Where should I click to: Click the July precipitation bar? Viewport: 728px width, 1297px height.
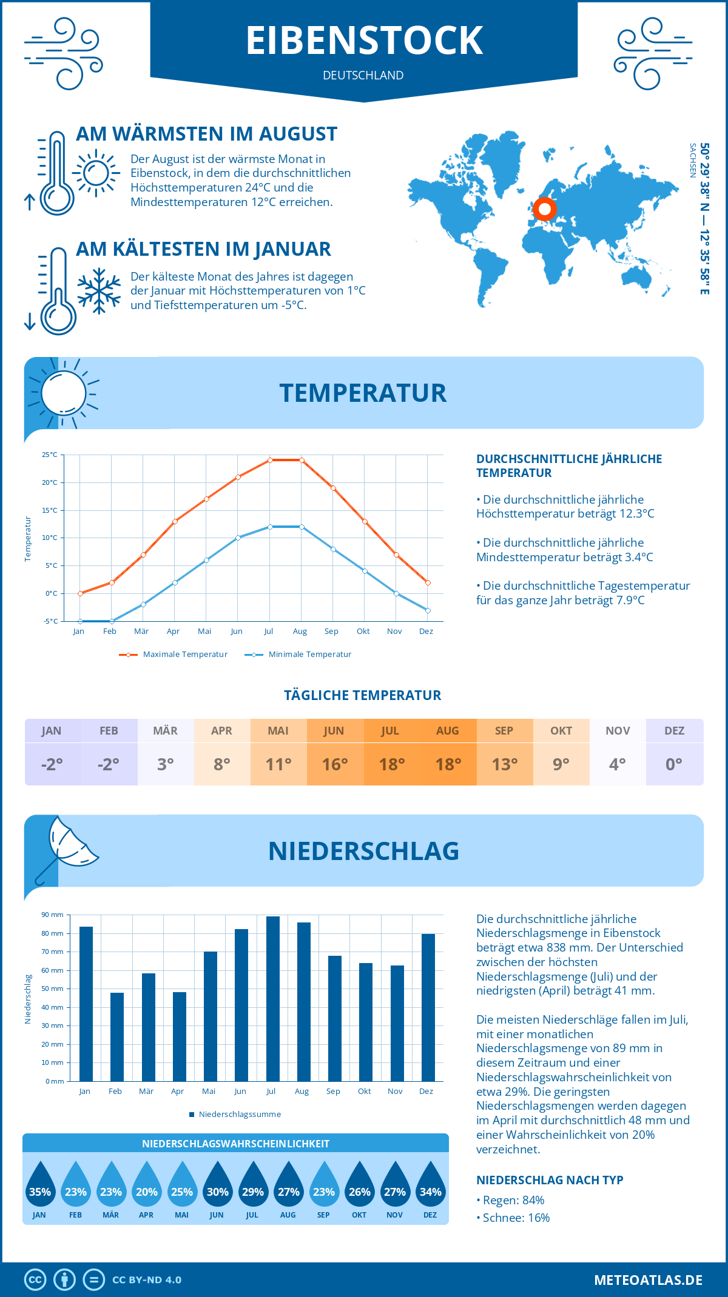click(x=273, y=999)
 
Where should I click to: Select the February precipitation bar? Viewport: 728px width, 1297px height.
click(x=117, y=1037)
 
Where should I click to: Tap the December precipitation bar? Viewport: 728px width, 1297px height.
click(x=428, y=1007)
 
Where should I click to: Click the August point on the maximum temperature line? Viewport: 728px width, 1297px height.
click(x=302, y=461)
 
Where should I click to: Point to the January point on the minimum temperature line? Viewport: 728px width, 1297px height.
click(x=80, y=621)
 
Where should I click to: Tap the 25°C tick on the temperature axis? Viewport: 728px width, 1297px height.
click(x=50, y=455)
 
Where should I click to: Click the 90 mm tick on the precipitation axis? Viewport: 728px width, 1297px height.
click(x=53, y=915)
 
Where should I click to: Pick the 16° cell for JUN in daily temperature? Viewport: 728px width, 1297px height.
click(x=335, y=764)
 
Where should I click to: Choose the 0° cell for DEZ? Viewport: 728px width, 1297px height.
click(x=674, y=764)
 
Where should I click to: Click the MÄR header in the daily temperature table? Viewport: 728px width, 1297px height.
click(x=166, y=731)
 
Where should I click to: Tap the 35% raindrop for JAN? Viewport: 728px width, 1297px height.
click(x=40, y=1185)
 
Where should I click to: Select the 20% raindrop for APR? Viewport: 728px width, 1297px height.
click(x=147, y=1185)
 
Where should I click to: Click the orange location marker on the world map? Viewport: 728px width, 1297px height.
click(x=545, y=209)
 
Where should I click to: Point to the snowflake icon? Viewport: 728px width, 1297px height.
click(x=99, y=291)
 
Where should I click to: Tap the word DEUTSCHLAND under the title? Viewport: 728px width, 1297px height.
click(x=363, y=75)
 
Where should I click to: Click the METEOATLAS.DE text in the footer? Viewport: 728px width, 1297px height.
click(x=648, y=1280)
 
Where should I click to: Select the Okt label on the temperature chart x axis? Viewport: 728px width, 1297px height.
click(x=363, y=632)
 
